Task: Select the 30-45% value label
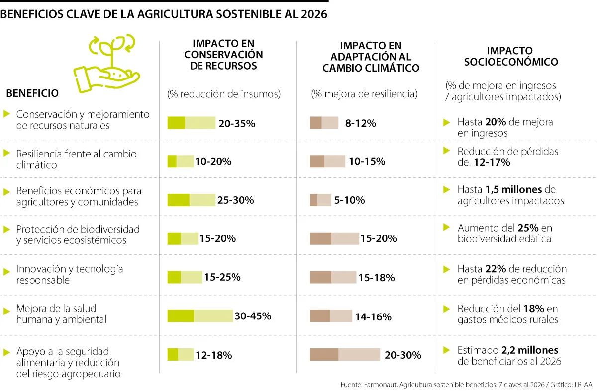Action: (252, 316)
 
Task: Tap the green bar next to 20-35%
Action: (192, 123)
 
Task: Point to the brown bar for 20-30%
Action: (345, 355)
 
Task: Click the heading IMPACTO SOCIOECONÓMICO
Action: (510, 56)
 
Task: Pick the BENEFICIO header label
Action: (32, 93)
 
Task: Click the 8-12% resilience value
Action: (360, 123)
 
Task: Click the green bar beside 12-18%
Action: (181, 355)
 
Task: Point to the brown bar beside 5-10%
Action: (320, 200)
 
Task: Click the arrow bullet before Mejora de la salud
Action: (6, 311)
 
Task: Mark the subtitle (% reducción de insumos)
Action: (224, 94)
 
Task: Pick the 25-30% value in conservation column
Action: (235, 200)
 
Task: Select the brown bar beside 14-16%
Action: (331, 316)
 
